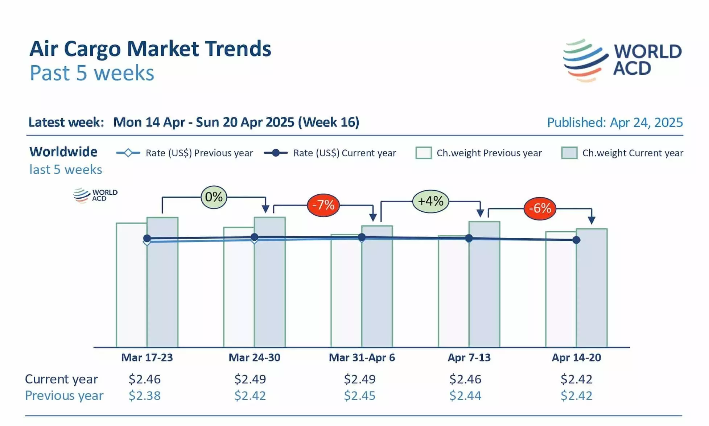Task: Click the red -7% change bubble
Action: pyautogui.click(x=323, y=205)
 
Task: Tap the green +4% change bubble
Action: pyautogui.click(x=430, y=201)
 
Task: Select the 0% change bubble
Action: pyautogui.click(x=214, y=197)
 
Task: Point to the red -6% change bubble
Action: pyautogui.click(x=540, y=208)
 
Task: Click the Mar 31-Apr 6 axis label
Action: pyautogui.click(x=362, y=357)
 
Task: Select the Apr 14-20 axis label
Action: pyautogui.click(x=576, y=357)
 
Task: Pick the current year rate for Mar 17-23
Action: pyautogui.click(x=144, y=379)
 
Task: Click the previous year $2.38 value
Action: pyautogui.click(x=144, y=396)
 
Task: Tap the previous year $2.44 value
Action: pyautogui.click(x=465, y=396)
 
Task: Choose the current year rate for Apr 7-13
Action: pyautogui.click(x=465, y=379)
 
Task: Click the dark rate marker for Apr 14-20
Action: pyautogui.click(x=576, y=240)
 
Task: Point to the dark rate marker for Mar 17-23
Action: pyautogui.click(x=147, y=238)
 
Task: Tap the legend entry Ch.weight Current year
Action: pyautogui.click(x=622, y=153)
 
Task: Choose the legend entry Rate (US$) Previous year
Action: pyautogui.click(x=185, y=153)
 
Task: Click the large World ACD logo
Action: pyautogui.click(x=622, y=60)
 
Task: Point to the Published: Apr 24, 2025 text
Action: pyautogui.click(x=615, y=123)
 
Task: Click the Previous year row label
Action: pyautogui.click(x=64, y=396)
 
